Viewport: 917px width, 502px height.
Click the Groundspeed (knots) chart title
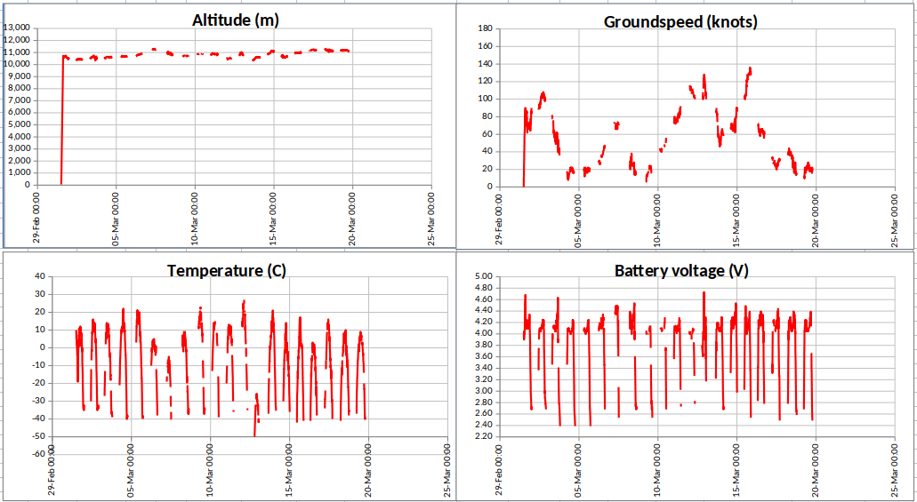680,21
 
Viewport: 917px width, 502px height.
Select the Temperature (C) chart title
226,270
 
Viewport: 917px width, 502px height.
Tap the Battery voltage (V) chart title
681,270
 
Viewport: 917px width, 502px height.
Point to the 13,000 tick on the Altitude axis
19,28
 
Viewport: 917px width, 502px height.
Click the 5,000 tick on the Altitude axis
20,124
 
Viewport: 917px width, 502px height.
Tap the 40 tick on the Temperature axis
40,276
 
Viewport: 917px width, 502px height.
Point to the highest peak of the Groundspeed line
750,68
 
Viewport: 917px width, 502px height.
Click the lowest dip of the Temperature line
254,434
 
